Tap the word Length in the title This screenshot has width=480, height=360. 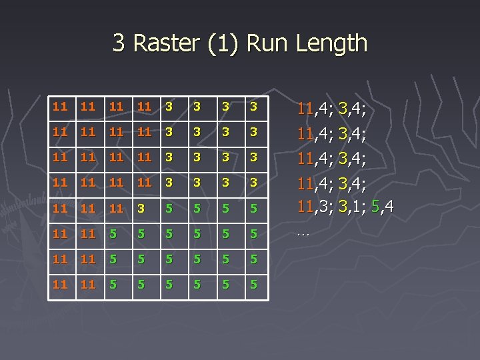tap(332, 43)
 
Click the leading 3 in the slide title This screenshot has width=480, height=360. tap(119, 43)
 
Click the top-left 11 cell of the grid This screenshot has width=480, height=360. tap(60, 106)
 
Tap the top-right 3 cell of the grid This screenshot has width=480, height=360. tap(253, 106)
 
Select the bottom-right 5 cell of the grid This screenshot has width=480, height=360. tap(253, 285)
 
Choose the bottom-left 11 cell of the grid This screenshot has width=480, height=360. tap(60, 285)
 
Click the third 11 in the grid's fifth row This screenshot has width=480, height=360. tap(116, 209)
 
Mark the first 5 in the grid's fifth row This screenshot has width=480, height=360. tap(169, 209)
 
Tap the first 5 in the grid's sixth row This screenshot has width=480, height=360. tap(116, 234)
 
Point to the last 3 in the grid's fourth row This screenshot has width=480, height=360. tap(253, 183)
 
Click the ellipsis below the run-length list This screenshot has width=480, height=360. tap(303, 234)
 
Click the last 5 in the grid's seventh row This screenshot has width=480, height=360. tap(253, 259)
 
